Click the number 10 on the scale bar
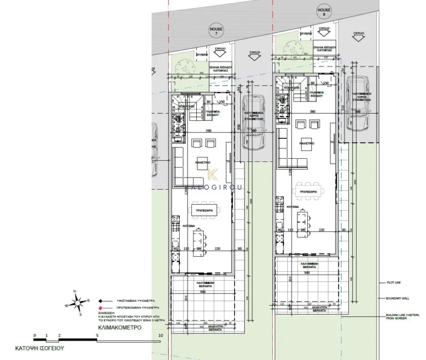click(x=160, y=336)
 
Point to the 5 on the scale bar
click(x=97, y=336)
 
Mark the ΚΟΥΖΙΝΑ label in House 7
click(x=189, y=226)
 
